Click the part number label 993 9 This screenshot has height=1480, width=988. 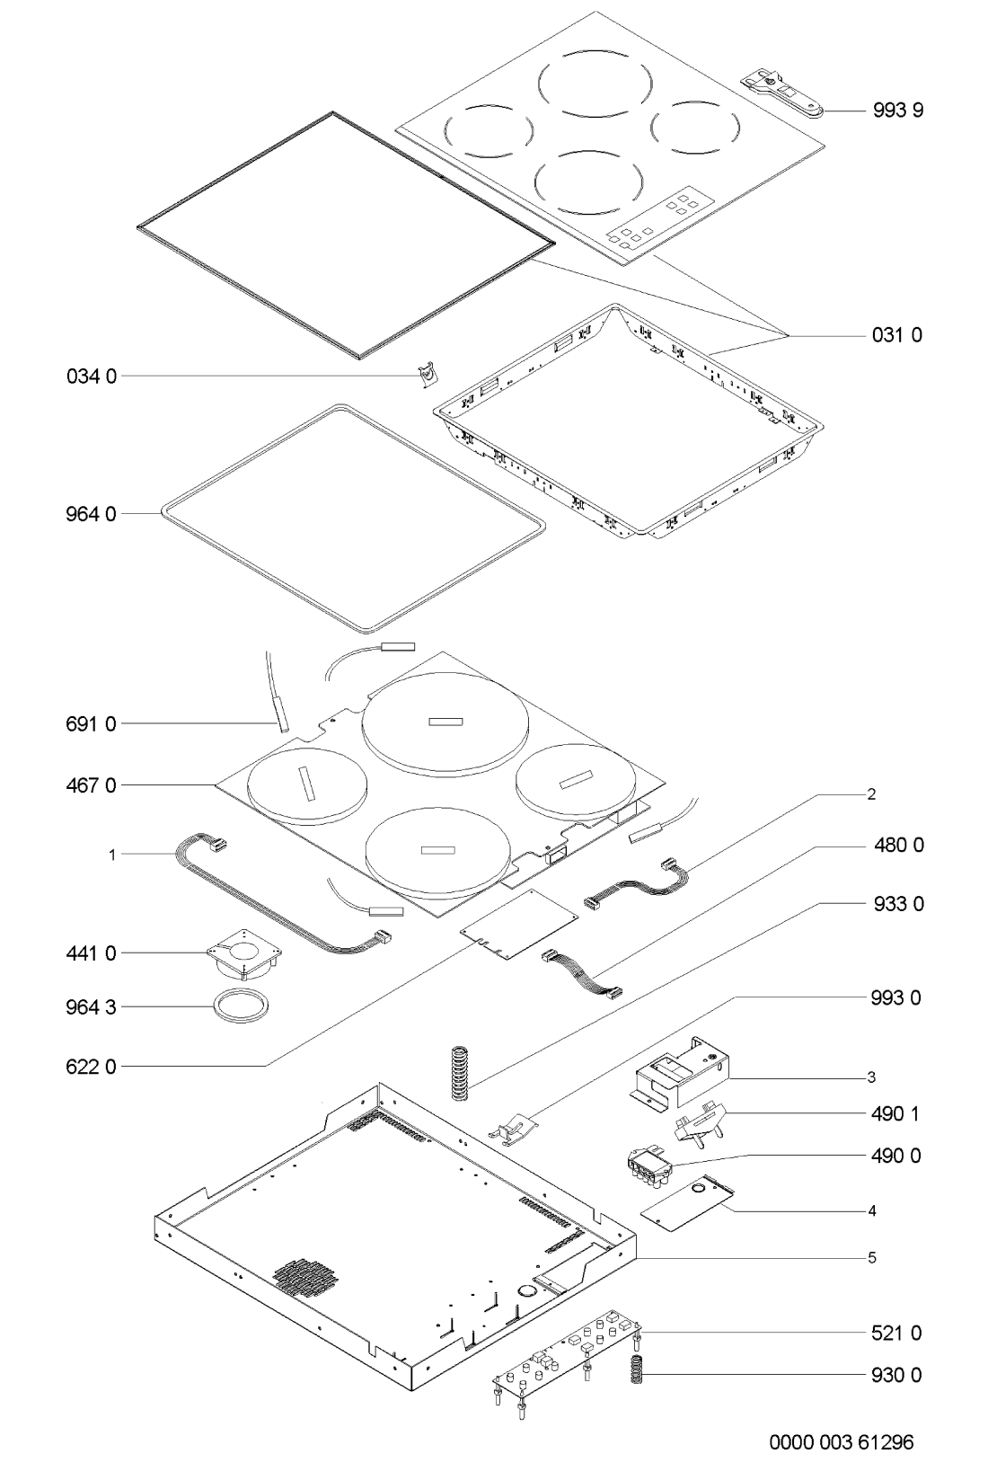[897, 111]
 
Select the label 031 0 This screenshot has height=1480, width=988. [897, 335]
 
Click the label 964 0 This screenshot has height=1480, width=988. [91, 513]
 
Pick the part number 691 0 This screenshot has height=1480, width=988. [91, 724]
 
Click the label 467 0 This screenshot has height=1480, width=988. [91, 784]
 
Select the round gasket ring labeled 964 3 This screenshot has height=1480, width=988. [241, 1006]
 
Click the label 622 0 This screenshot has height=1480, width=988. [91, 1067]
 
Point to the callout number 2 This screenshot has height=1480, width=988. [871, 794]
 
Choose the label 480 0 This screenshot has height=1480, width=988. [899, 845]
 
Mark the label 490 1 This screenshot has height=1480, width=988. [895, 1114]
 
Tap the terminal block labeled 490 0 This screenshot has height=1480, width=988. [650, 1167]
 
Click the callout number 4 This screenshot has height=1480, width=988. [872, 1211]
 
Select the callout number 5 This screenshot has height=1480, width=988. [872, 1258]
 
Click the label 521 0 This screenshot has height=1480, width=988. [897, 1333]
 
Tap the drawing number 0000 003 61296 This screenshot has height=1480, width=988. [842, 1441]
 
